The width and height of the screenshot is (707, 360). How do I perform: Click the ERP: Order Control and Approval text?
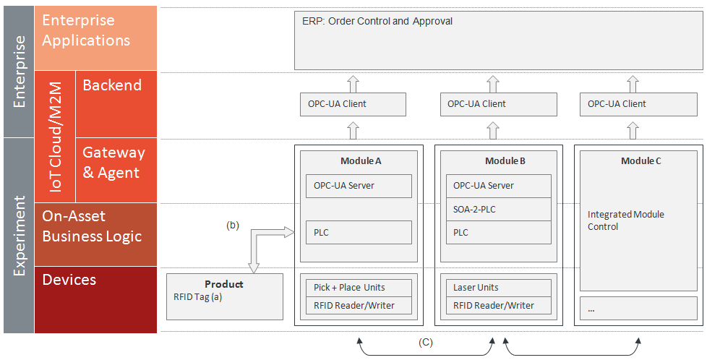click(x=377, y=21)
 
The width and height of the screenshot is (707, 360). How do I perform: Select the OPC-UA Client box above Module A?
click(x=353, y=104)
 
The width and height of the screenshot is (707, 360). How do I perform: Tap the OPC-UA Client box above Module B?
click(x=499, y=104)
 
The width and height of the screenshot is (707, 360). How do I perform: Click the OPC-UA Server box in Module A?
click(x=359, y=186)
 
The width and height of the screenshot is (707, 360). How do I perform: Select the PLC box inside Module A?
click(x=359, y=232)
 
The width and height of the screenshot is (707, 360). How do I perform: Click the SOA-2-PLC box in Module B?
click(x=499, y=210)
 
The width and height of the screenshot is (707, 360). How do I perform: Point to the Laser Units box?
click(x=499, y=288)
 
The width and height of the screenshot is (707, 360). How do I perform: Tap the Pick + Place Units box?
click(x=359, y=288)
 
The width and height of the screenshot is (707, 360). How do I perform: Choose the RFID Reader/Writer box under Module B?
click(x=499, y=305)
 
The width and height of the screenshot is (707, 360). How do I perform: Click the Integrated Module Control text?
click(x=625, y=220)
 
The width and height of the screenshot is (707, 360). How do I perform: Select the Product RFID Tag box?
click(x=225, y=296)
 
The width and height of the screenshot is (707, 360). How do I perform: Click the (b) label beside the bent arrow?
click(x=232, y=226)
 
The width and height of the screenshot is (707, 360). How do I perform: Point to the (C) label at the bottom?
click(x=425, y=343)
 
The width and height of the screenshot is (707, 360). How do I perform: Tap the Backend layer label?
click(x=112, y=85)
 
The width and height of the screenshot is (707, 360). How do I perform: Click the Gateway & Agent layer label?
click(x=113, y=163)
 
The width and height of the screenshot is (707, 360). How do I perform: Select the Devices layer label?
click(x=69, y=280)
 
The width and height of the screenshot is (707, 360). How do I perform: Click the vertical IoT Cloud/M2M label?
click(x=56, y=137)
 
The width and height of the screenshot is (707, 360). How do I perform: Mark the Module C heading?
click(x=640, y=161)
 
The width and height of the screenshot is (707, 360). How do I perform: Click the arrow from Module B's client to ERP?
click(x=493, y=84)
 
